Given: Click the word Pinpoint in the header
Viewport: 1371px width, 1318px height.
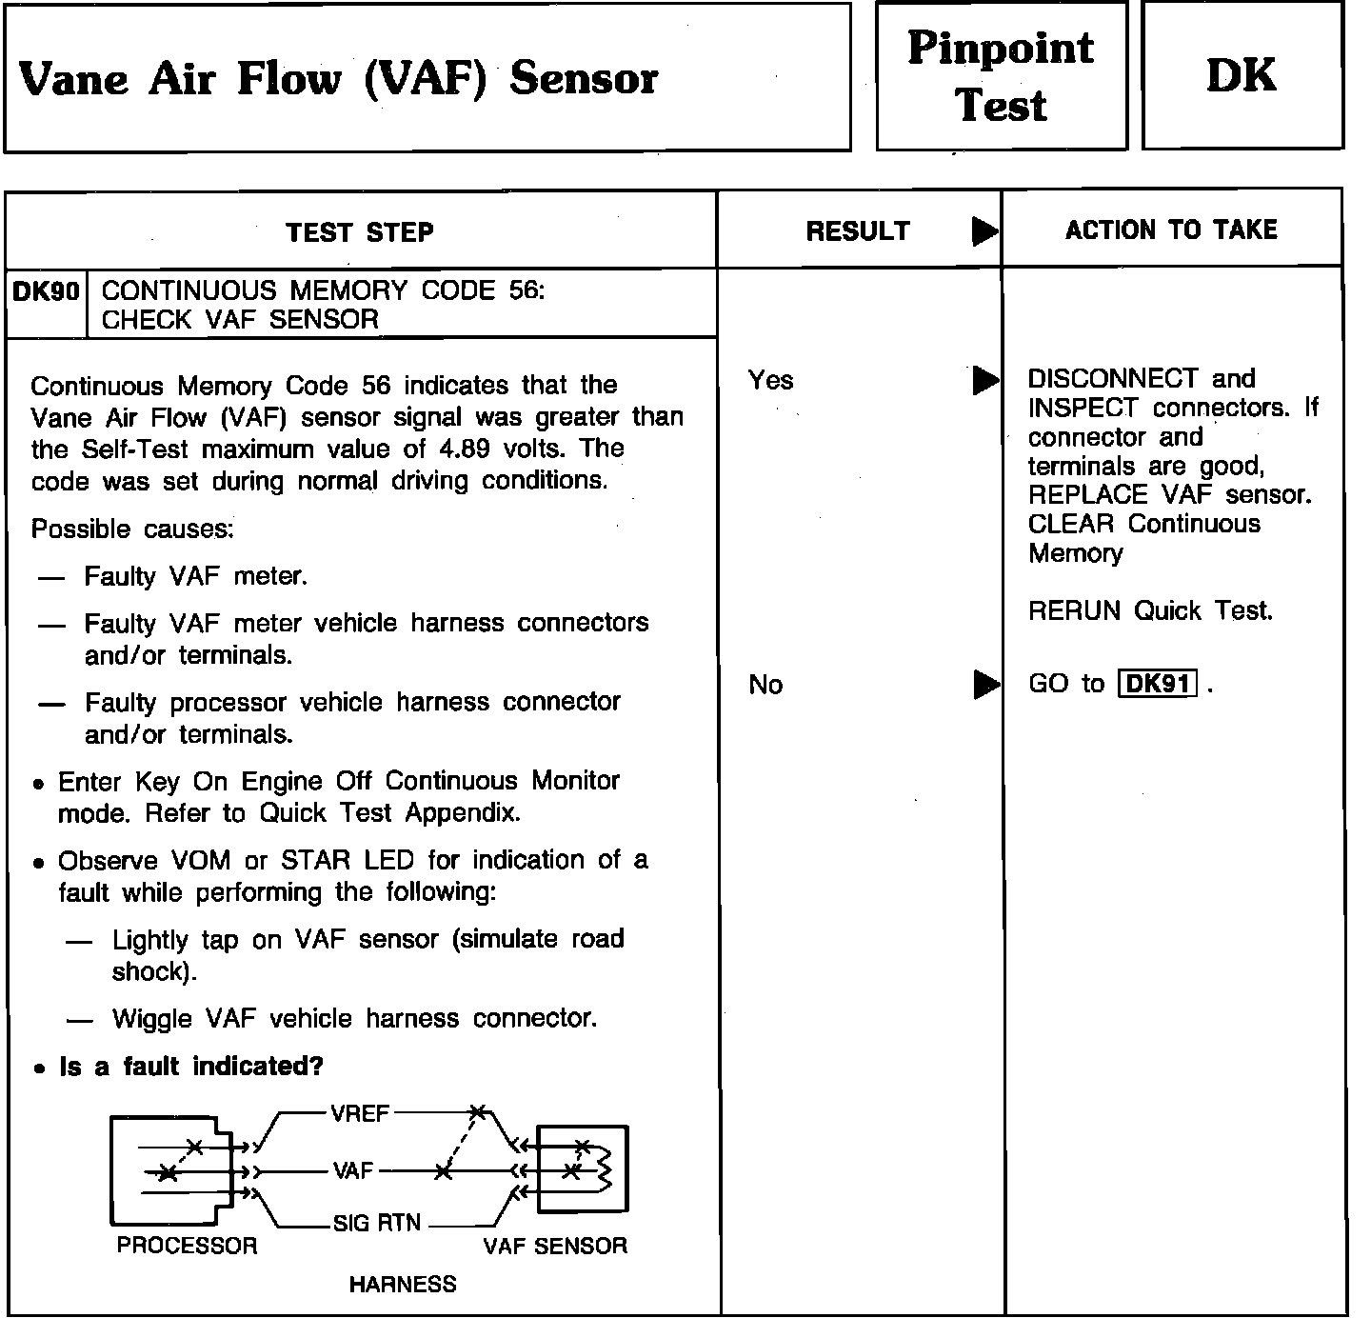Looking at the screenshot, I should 1000,49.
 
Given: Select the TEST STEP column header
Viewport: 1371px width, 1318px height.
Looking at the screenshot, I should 360,232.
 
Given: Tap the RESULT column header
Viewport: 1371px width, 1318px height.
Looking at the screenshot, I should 857,231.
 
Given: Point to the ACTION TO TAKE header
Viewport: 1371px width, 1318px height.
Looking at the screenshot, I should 1171,230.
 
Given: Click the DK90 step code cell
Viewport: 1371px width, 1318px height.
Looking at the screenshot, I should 46,291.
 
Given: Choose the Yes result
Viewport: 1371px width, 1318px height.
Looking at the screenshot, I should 770,381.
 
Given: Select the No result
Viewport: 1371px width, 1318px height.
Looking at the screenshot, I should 765,685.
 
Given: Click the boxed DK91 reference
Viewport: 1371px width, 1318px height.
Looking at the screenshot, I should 1156,684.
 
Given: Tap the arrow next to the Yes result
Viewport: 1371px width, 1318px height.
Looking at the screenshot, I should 984,381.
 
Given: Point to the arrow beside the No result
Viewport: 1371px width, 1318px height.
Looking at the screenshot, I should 985,685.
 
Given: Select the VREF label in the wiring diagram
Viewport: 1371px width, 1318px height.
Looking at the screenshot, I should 360,1113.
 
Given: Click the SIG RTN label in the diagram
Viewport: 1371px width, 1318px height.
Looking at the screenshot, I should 377,1224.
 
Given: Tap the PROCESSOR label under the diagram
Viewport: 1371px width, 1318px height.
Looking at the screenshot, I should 187,1246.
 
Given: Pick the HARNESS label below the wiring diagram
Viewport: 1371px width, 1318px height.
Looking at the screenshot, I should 402,1285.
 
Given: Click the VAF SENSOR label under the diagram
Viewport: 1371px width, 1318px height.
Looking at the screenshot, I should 555,1246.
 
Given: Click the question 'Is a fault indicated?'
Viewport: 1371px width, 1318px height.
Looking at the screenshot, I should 191,1067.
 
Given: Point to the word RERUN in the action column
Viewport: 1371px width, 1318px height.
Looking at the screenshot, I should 1074,610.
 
